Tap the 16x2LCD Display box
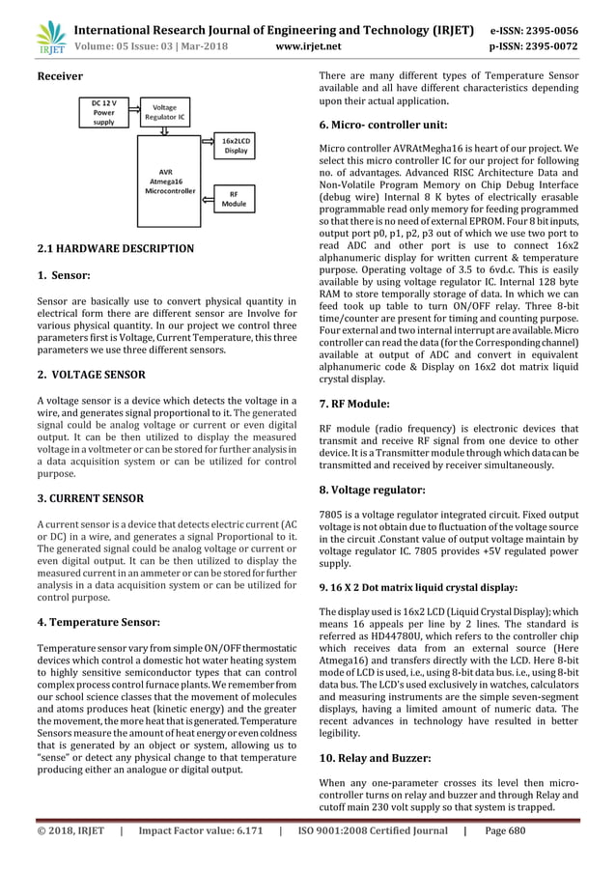click(x=237, y=146)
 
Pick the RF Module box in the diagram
click(x=234, y=199)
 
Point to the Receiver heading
click(x=59, y=75)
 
